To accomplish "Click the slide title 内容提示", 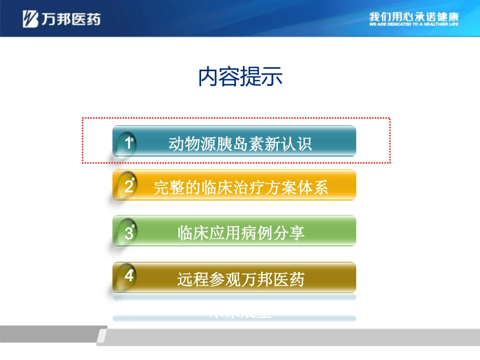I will (240, 77).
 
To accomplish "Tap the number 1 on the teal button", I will (128, 143).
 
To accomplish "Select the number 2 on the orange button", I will (129, 187).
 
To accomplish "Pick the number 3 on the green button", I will (129, 233).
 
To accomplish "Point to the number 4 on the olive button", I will (129, 277).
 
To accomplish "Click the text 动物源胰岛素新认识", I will (240, 144).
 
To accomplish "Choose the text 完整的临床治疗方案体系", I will (241, 188).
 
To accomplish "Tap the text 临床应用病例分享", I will (241, 233).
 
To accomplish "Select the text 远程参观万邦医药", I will (241, 279).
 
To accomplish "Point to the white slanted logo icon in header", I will (30, 19).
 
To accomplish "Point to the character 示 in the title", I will (272, 77).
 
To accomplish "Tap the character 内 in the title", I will (208, 77).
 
